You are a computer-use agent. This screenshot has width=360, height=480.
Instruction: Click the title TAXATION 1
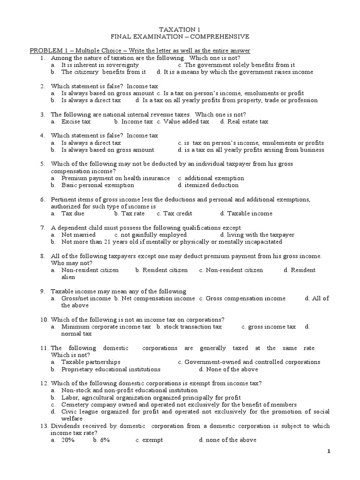click(x=180, y=30)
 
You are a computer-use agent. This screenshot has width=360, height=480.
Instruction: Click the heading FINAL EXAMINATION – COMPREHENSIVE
click(x=180, y=37)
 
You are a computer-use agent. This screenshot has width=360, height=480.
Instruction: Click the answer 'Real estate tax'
click(x=247, y=121)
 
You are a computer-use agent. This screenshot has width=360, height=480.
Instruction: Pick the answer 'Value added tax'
click(x=186, y=121)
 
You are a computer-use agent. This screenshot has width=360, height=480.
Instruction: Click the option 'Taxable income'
click(x=249, y=213)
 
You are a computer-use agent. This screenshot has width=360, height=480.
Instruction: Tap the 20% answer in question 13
click(x=68, y=440)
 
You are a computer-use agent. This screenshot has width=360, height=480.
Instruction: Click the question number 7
click(x=42, y=227)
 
